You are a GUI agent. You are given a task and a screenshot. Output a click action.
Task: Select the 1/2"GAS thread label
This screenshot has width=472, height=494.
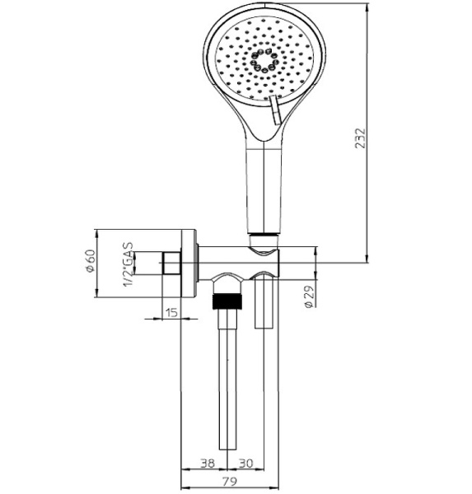click(129, 263)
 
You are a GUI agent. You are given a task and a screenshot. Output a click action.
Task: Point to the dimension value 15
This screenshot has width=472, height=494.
click(171, 312)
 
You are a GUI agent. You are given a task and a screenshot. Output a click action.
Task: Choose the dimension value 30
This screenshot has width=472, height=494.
click(245, 464)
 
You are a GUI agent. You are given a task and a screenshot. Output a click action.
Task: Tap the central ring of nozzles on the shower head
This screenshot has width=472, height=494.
click(264, 63)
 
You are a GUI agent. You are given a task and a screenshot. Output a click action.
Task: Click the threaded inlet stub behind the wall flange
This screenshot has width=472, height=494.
click(172, 264)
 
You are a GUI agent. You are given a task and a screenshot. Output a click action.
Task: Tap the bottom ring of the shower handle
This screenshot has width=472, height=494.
click(264, 239)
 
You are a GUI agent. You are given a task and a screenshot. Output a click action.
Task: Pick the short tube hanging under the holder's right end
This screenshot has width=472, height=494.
click(265, 305)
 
